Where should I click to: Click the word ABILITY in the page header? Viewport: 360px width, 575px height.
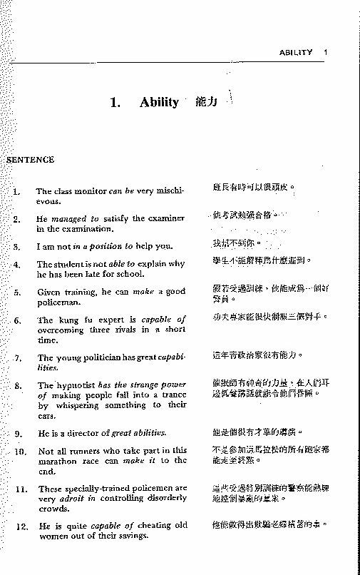(296, 52)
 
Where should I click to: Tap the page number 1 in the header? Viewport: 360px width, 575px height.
(325, 52)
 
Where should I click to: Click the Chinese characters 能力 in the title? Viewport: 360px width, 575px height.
(205, 102)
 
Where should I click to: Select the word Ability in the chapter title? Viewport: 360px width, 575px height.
(159, 102)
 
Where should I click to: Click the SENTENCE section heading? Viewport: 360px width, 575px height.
(30, 160)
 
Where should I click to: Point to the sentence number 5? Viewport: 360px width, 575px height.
(17, 292)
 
